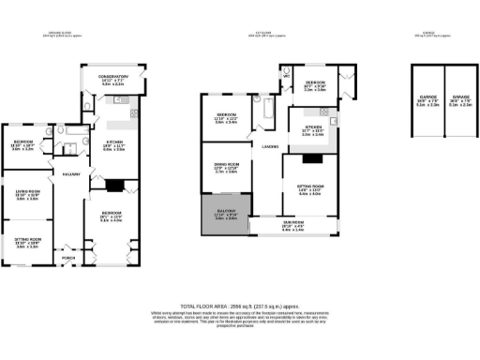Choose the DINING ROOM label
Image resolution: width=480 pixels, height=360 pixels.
coord(226,167)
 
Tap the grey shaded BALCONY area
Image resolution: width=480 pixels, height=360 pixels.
coord(226,217)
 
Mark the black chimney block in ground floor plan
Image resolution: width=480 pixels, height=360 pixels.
coord(115,186)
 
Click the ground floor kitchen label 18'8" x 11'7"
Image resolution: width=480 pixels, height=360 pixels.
coord(113,144)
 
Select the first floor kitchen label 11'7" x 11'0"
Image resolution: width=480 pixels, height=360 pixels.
coord(312,132)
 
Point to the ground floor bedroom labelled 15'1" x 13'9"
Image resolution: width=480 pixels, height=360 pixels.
coord(111,217)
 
